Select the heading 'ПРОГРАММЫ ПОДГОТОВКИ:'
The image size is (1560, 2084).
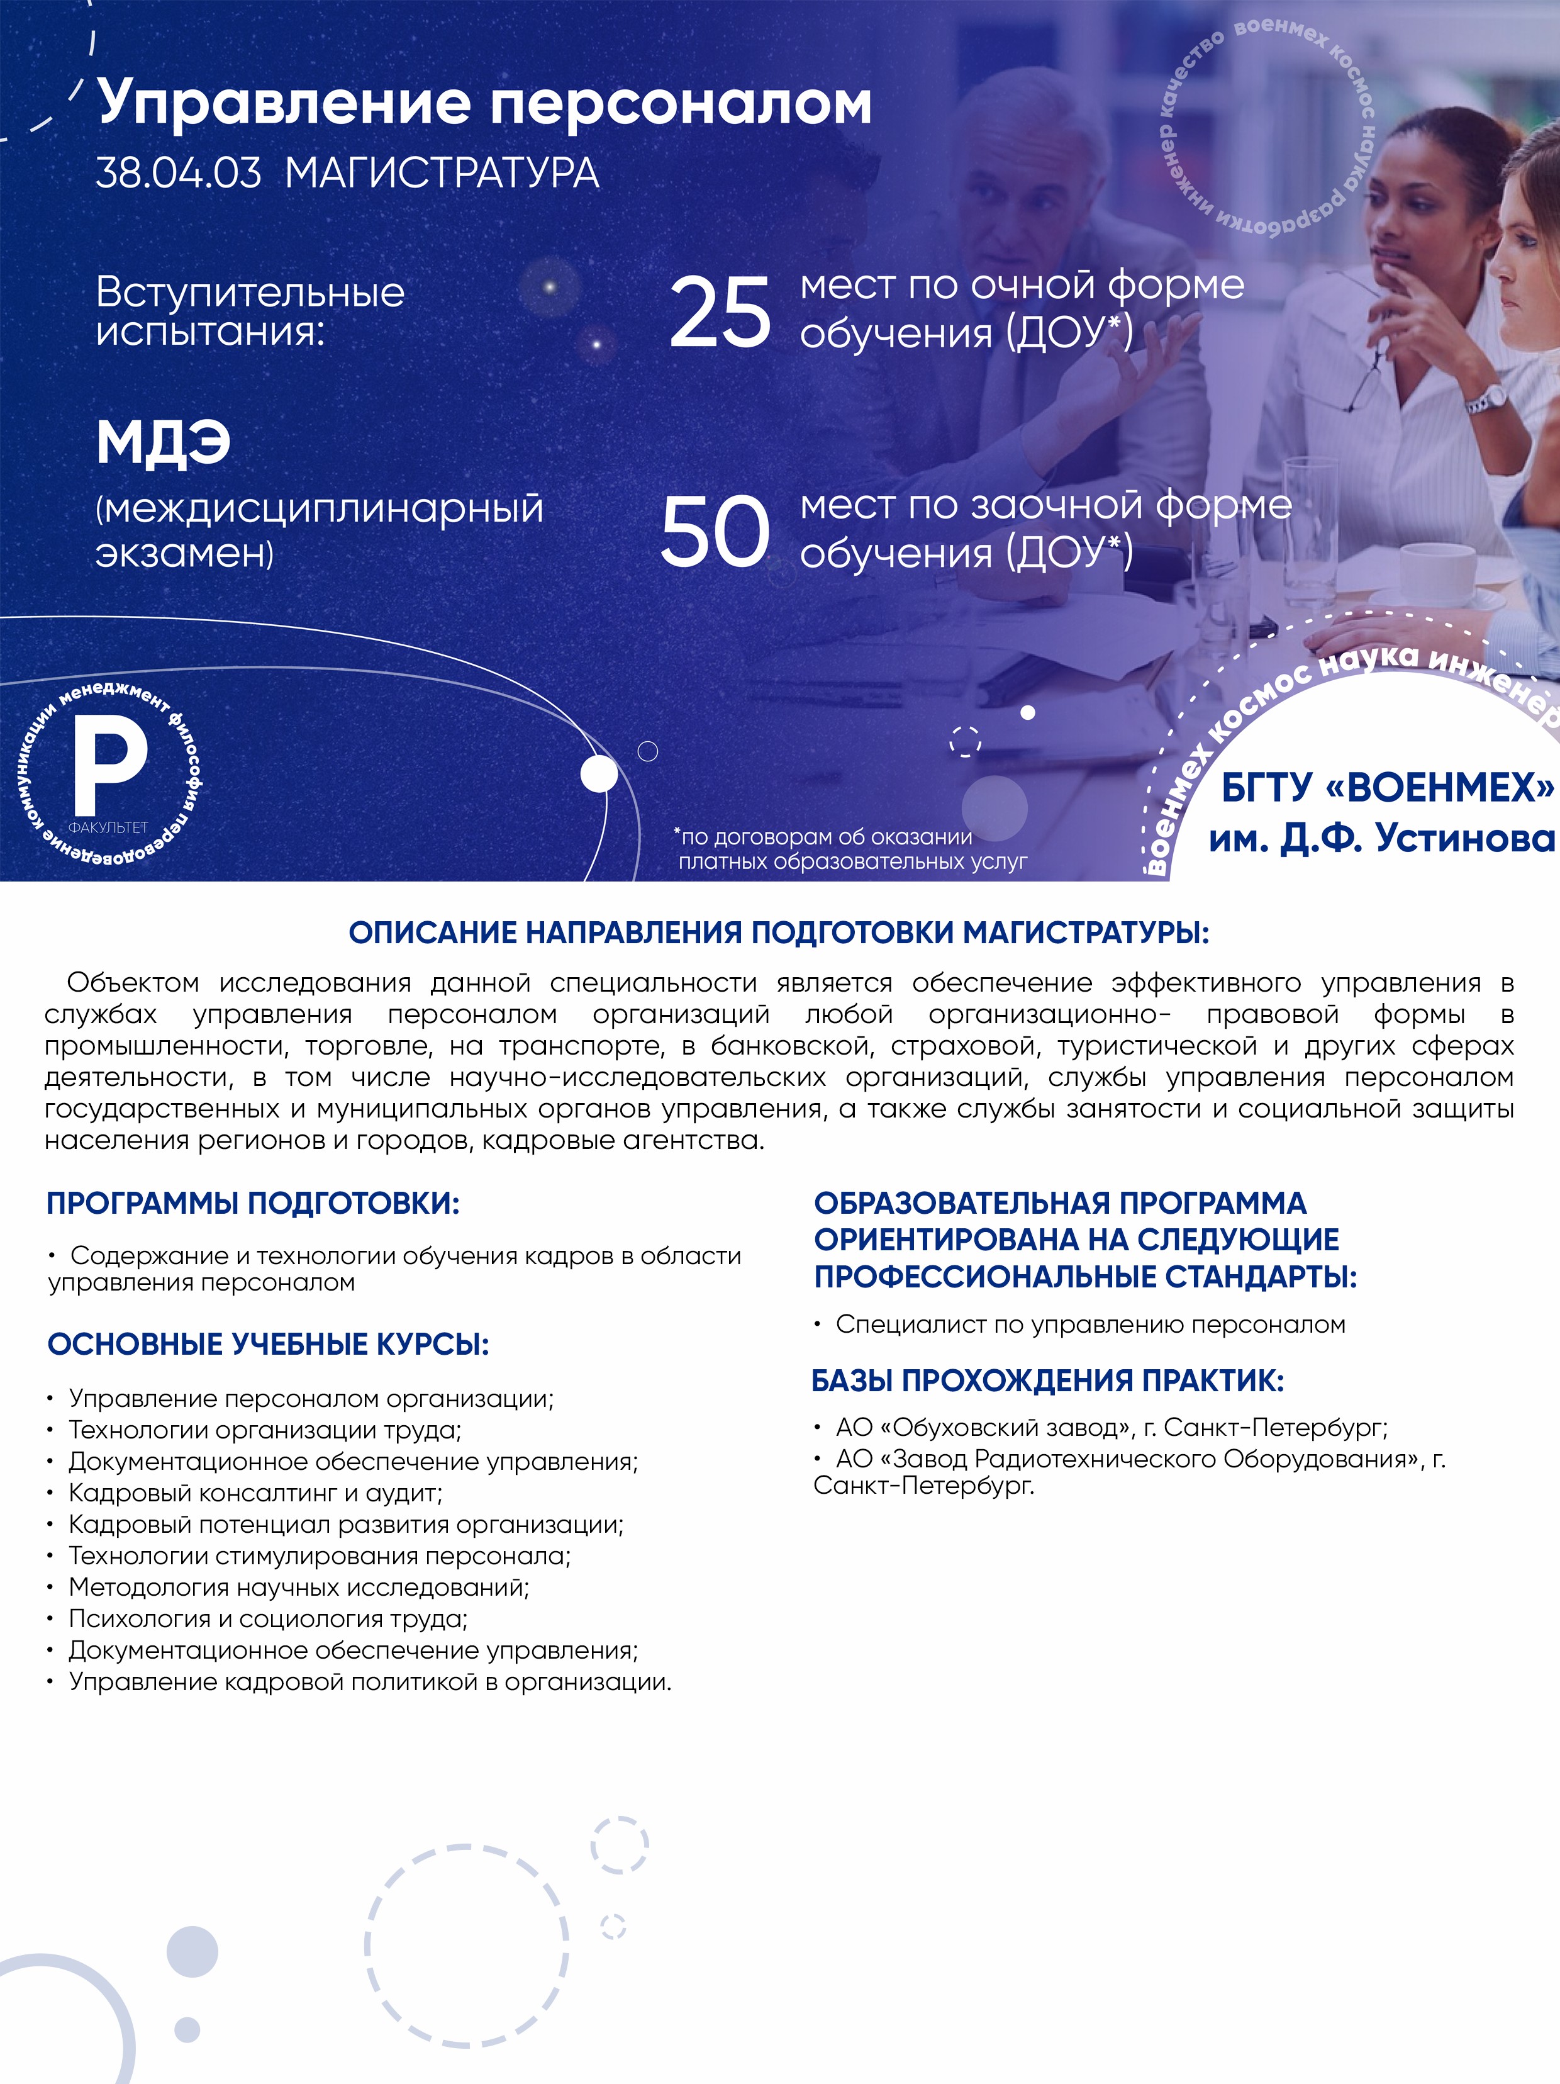point(252,1203)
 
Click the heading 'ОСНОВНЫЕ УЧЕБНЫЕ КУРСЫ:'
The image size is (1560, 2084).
point(269,1345)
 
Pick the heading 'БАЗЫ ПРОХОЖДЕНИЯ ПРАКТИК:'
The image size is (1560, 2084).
point(1047,1381)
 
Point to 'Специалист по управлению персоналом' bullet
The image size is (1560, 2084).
point(1090,1324)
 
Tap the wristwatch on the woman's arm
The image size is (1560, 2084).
point(1486,400)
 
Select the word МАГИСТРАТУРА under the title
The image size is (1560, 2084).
point(442,174)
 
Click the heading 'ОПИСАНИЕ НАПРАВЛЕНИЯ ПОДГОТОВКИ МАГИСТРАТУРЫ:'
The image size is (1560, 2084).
point(779,933)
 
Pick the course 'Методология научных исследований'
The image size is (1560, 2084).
point(299,1588)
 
